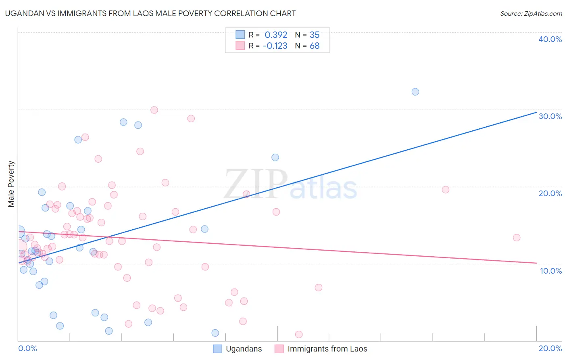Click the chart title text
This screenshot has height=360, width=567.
[150, 13]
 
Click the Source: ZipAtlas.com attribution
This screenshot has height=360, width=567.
[531, 13]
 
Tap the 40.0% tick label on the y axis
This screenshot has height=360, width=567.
[550, 39]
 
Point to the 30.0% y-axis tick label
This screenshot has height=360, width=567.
[550, 116]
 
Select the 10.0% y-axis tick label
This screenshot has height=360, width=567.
[551, 271]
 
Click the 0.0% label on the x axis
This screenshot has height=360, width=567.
[27, 348]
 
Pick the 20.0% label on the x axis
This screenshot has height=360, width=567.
[550, 348]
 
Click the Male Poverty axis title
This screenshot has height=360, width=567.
[11, 184]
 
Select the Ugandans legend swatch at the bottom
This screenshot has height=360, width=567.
[217, 349]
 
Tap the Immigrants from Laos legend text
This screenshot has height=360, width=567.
[327, 349]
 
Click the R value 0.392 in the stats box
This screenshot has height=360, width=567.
[276, 35]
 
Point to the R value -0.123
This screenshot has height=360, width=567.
[275, 46]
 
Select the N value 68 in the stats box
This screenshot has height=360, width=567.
[315, 46]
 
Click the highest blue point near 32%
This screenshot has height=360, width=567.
[415, 92]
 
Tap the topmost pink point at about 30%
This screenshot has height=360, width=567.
[154, 110]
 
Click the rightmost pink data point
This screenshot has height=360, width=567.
[517, 237]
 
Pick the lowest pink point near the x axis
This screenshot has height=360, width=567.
[299, 334]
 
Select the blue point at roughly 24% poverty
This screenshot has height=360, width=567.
[275, 157]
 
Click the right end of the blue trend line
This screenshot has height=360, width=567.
[536, 112]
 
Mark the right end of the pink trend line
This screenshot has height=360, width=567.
[536, 263]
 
